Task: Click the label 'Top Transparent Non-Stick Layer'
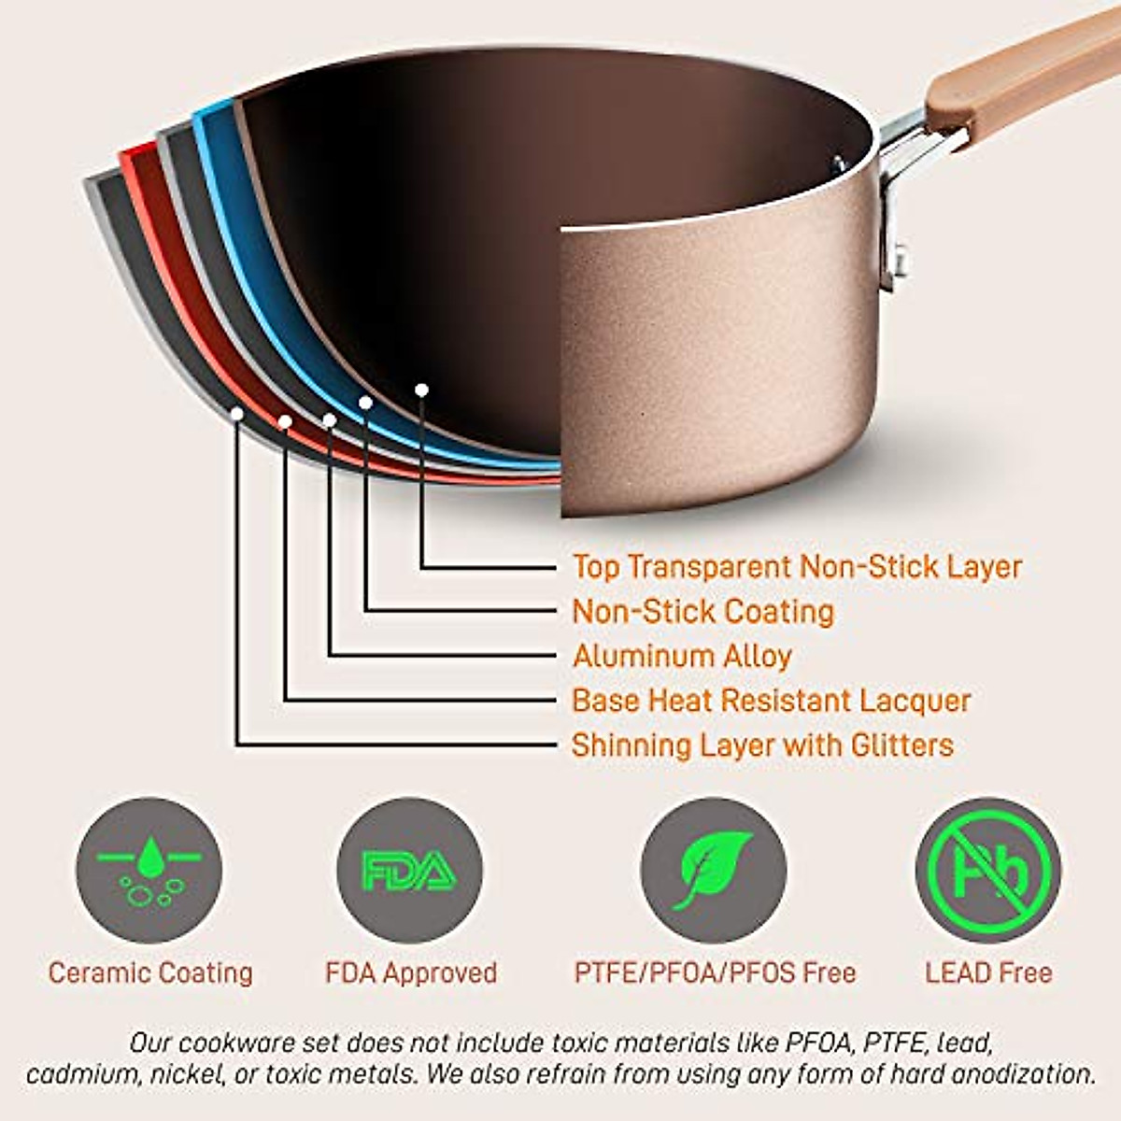797,567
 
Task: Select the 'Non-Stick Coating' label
702,612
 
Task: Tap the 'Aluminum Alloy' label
682,656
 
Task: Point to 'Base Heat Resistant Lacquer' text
771,701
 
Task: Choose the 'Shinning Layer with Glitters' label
762,745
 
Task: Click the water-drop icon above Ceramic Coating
149,871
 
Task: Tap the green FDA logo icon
409,871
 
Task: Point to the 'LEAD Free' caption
988,973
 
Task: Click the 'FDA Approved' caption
411,973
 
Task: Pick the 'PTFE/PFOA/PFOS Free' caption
715,973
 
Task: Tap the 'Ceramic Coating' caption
150,973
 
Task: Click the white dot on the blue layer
366,403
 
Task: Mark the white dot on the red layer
285,422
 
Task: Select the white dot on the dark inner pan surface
422,390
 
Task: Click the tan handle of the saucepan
1018,70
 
